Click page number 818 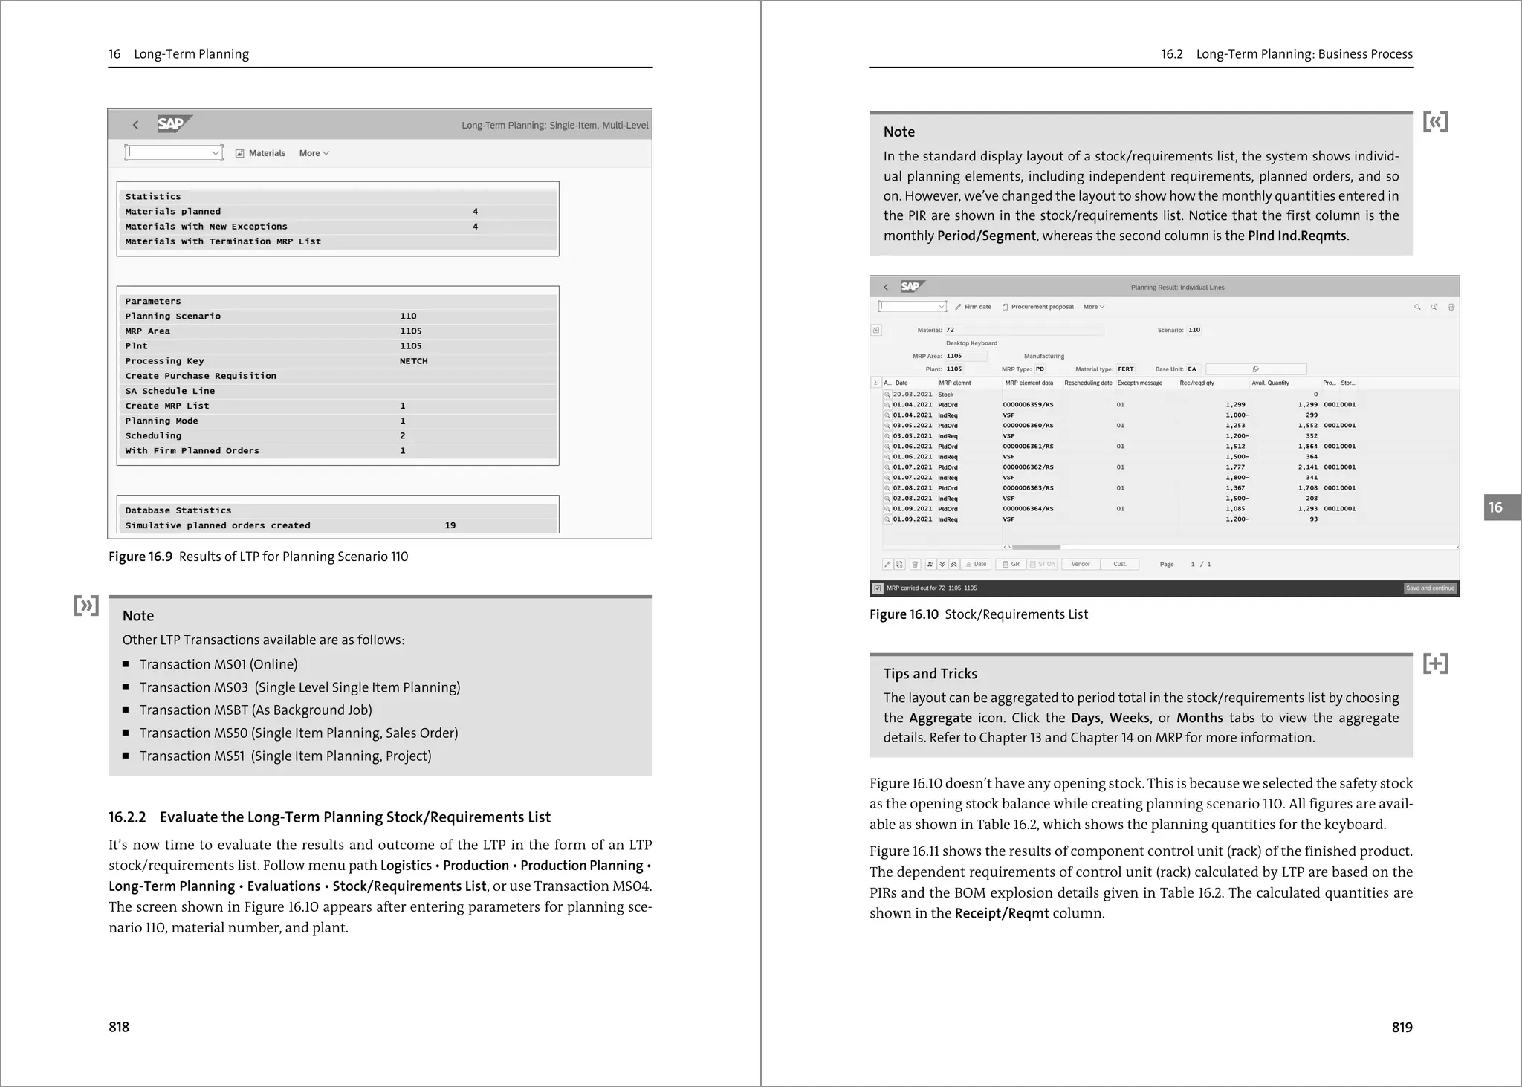coord(119,1027)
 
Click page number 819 coord(1402,1027)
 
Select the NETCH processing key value coord(413,361)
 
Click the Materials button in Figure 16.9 coord(261,153)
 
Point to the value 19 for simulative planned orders coord(450,525)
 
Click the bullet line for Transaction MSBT coord(256,710)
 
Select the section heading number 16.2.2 coord(127,817)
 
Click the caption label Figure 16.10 coord(904,614)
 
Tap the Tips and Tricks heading coord(930,674)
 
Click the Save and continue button coord(1429,588)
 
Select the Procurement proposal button coord(1038,307)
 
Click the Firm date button coord(974,307)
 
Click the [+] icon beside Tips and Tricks coord(1435,663)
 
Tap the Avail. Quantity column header coord(1270,383)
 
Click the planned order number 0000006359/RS coord(1028,405)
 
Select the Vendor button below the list coord(1081,565)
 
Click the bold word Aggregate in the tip coord(940,718)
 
